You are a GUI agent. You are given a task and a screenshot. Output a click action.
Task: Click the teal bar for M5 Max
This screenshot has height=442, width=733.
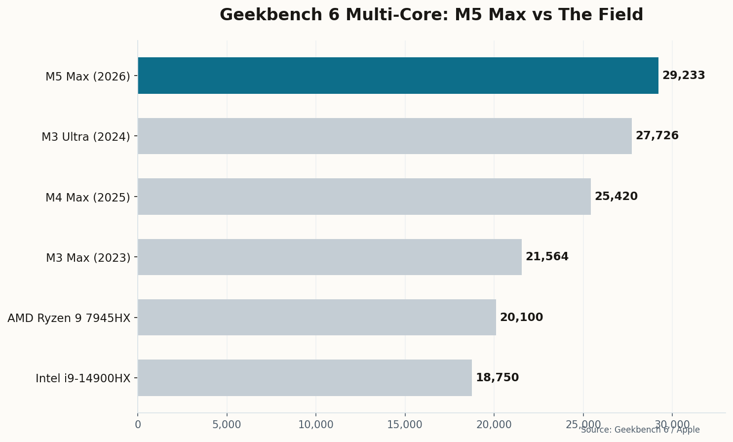398,76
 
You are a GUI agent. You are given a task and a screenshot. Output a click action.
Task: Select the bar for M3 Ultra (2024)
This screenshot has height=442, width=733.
385,136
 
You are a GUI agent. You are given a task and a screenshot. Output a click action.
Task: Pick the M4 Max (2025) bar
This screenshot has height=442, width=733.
364,197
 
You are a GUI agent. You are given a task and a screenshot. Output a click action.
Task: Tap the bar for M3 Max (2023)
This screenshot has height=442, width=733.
330,257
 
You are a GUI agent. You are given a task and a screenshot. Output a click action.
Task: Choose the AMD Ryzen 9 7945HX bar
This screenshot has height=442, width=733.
317,318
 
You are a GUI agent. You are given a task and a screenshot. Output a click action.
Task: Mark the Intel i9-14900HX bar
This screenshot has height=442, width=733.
305,378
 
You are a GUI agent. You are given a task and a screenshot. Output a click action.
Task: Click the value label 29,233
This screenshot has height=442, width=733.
683,76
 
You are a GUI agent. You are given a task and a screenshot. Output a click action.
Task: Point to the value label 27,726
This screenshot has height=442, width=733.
656,136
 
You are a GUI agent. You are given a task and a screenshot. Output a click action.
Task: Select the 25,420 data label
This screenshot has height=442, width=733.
616,197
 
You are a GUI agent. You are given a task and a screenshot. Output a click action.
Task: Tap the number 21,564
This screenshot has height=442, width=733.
546,257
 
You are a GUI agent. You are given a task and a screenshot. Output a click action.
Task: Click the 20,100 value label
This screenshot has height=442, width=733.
521,318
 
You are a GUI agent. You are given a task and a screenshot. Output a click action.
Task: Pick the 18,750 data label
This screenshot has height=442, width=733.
497,378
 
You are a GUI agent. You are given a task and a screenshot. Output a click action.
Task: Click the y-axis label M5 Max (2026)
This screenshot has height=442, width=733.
87,77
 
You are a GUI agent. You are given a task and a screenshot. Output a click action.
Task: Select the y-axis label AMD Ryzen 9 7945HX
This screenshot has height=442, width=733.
69,318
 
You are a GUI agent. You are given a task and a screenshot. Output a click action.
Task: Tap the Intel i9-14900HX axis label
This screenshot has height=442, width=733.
82,379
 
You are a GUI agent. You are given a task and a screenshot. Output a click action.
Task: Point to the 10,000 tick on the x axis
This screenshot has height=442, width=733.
316,425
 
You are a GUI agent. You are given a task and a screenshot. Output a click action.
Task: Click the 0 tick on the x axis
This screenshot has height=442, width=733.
138,425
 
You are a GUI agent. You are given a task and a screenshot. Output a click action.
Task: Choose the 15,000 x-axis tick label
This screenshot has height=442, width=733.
405,425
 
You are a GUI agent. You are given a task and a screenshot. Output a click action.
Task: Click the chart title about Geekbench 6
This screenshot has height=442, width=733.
431,15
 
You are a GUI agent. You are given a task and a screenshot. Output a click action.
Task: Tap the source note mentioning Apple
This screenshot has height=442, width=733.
640,430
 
